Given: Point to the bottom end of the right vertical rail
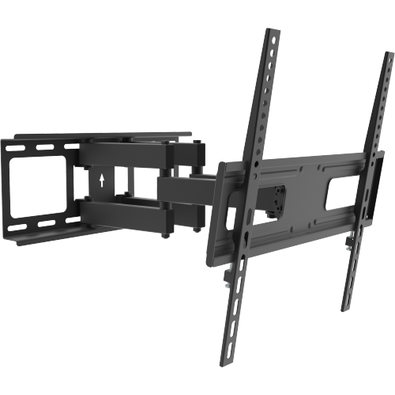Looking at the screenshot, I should point(346,304).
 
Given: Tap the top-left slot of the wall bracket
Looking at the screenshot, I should point(16,146).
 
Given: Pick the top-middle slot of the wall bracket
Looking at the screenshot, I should point(43,146).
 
